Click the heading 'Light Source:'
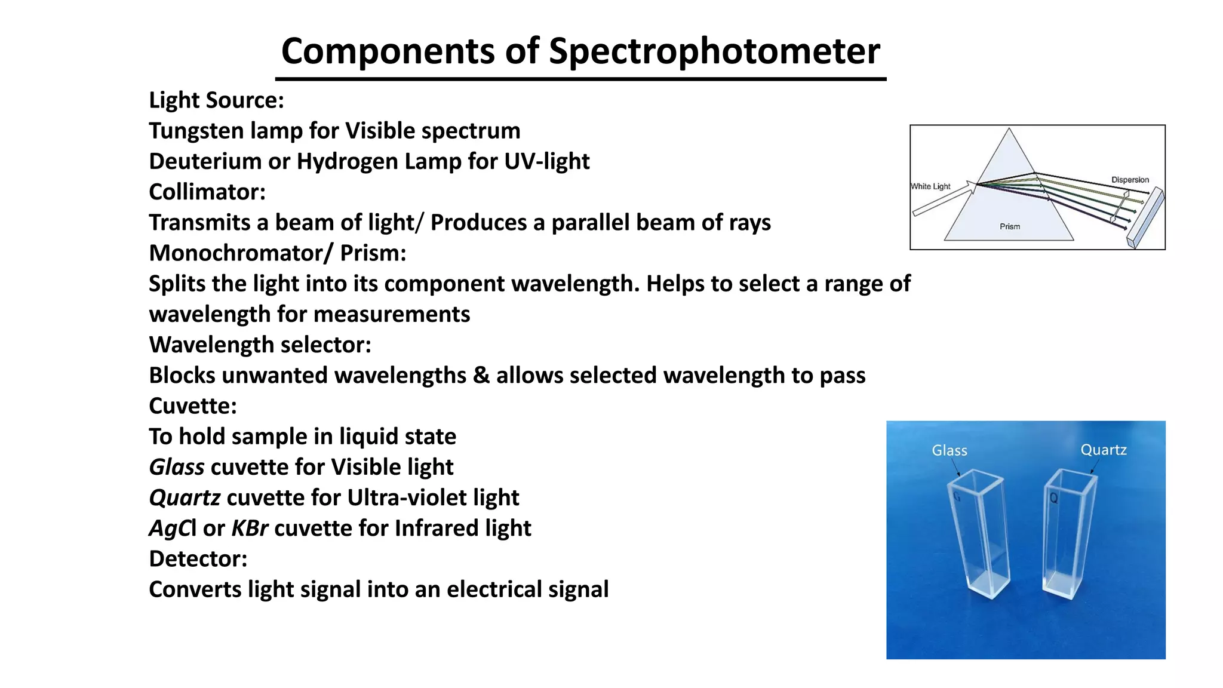[x=216, y=100]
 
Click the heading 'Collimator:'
[x=207, y=192]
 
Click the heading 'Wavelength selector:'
[x=260, y=345]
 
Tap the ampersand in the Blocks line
[x=481, y=376]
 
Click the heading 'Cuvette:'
[x=192, y=406]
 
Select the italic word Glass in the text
[x=176, y=467]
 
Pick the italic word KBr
[x=249, y=529]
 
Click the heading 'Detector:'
[x=198, y=559]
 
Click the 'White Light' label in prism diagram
[x=930, y=186]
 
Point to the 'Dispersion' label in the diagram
[x=1129, y=180]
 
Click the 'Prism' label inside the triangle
[x=1010, y=226]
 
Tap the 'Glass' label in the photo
[x=949, y=451]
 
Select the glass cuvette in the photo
[x=979, y=535]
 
